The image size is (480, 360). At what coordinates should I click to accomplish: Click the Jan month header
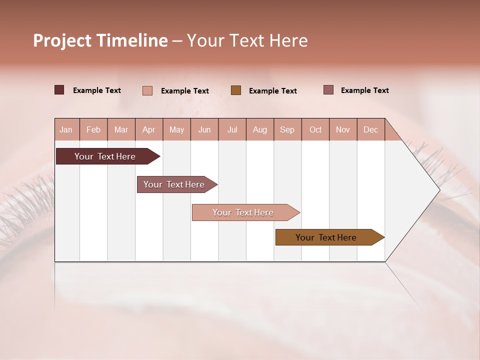coord(66,129)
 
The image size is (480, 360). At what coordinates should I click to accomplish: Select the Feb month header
coord(93,129)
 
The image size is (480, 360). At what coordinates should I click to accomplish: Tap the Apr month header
coord(148,129)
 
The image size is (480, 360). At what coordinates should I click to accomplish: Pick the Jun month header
coord(204,129)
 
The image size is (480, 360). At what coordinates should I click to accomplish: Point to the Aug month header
coord(260,129)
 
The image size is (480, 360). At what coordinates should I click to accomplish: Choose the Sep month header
coord(287,129)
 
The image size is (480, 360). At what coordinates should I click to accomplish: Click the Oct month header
coord(315,129)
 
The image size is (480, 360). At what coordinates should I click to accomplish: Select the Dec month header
coord(370,129)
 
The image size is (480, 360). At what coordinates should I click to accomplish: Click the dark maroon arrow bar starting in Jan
coord(105,156)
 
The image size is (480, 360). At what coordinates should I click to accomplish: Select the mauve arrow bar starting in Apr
coord(174,184)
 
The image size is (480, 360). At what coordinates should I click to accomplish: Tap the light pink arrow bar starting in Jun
coord(243,212)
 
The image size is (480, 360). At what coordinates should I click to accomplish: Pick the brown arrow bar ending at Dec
coord(326,237)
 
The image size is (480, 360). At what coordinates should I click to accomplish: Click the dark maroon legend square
coord(59,90)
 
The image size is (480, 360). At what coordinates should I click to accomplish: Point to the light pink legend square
coord(147,90)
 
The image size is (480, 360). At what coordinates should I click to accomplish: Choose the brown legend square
coord(236,90)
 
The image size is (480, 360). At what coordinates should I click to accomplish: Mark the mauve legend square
coord(328,90)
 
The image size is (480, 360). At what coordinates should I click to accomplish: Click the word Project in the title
coord(62,40)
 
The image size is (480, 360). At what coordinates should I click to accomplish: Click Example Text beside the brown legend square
coord(273,90)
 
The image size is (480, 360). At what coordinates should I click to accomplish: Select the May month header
coord(176,129)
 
